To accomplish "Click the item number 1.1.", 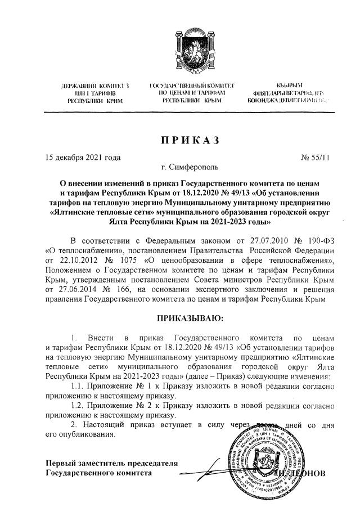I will (x=79, y=386).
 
